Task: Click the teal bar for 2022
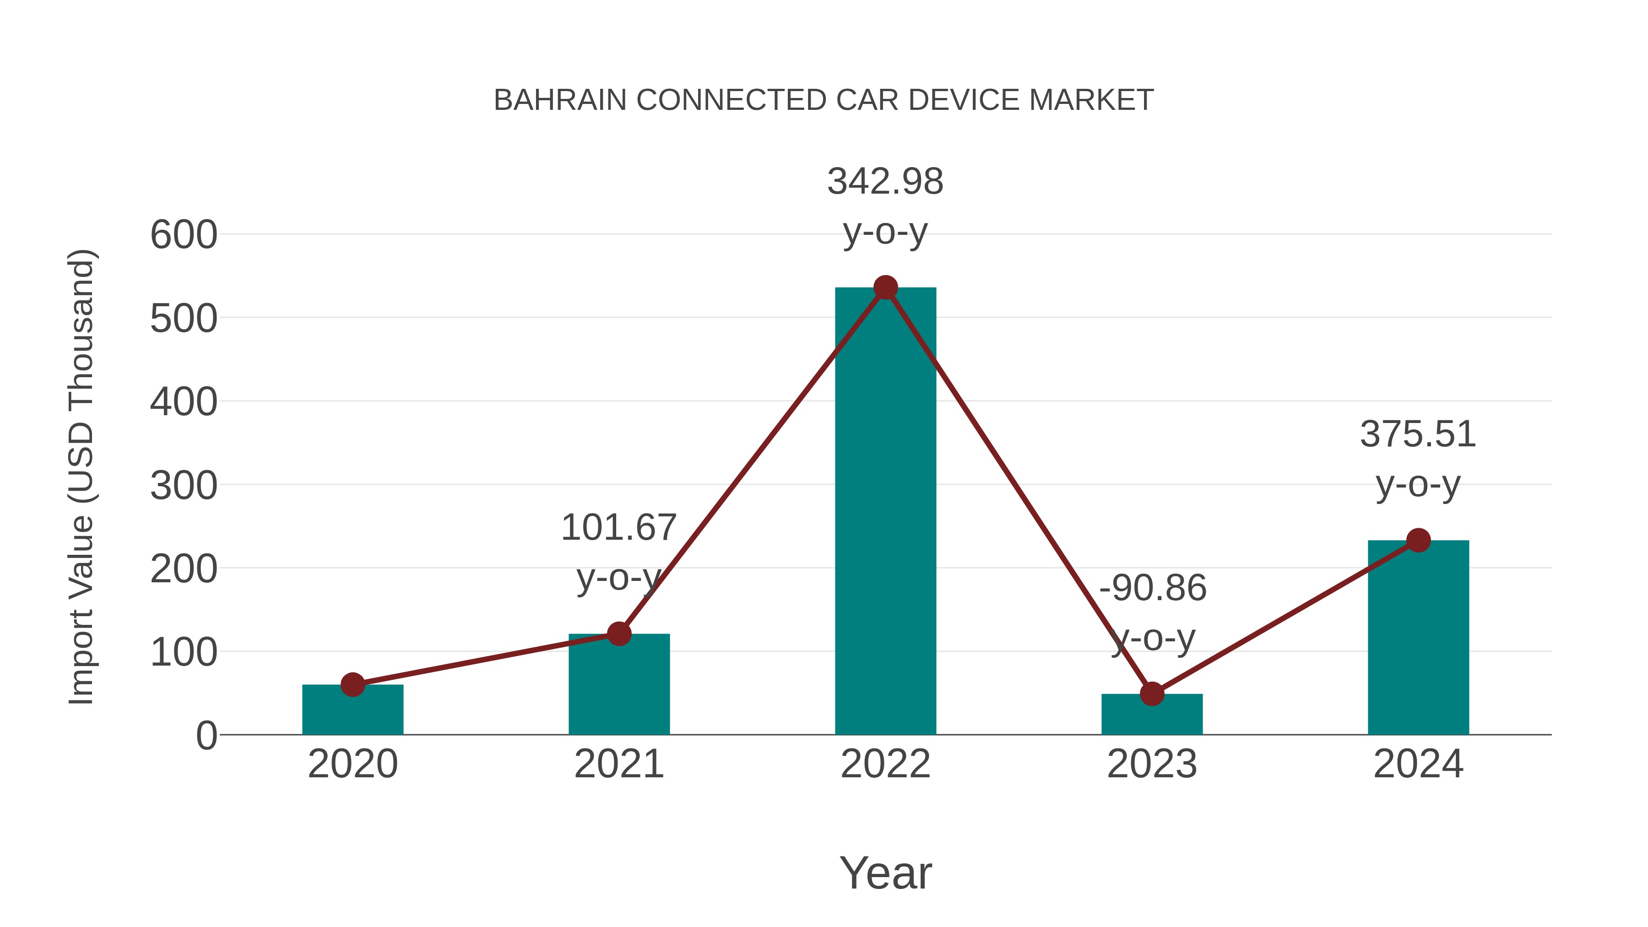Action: pos(885,512)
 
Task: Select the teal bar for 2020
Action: pos(352,710)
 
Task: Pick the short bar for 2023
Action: pos(1152,715)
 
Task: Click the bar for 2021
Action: pos(618,684)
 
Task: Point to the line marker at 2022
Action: pos(885,288)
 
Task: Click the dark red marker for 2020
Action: pos(352,684)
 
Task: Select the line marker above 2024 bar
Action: pos(1418,541)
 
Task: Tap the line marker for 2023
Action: pos(1152,694)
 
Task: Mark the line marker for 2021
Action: pos(618,634)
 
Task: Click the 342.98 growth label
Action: pos(885,182)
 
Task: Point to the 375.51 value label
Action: pos(1418,434)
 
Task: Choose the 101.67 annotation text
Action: pos(618,528)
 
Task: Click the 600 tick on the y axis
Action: pos(184,235)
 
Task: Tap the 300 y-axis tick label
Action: pos(184,486)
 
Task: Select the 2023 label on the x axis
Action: pos(1152,764)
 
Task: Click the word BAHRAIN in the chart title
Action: pos(560,100)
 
